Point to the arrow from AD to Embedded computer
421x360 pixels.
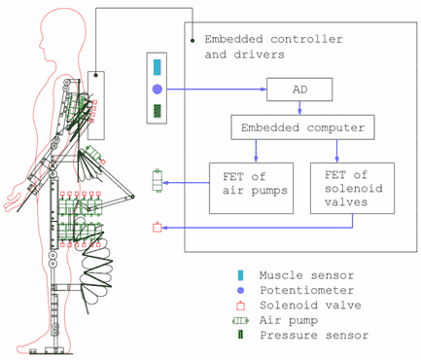tap(304, 109)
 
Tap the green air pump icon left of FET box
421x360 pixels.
tap(158, 182)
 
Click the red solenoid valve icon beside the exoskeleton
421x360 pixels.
tap(157, 229)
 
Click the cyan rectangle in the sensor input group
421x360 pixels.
tap(158, 68)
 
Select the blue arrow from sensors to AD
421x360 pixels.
tap(214, 90)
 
